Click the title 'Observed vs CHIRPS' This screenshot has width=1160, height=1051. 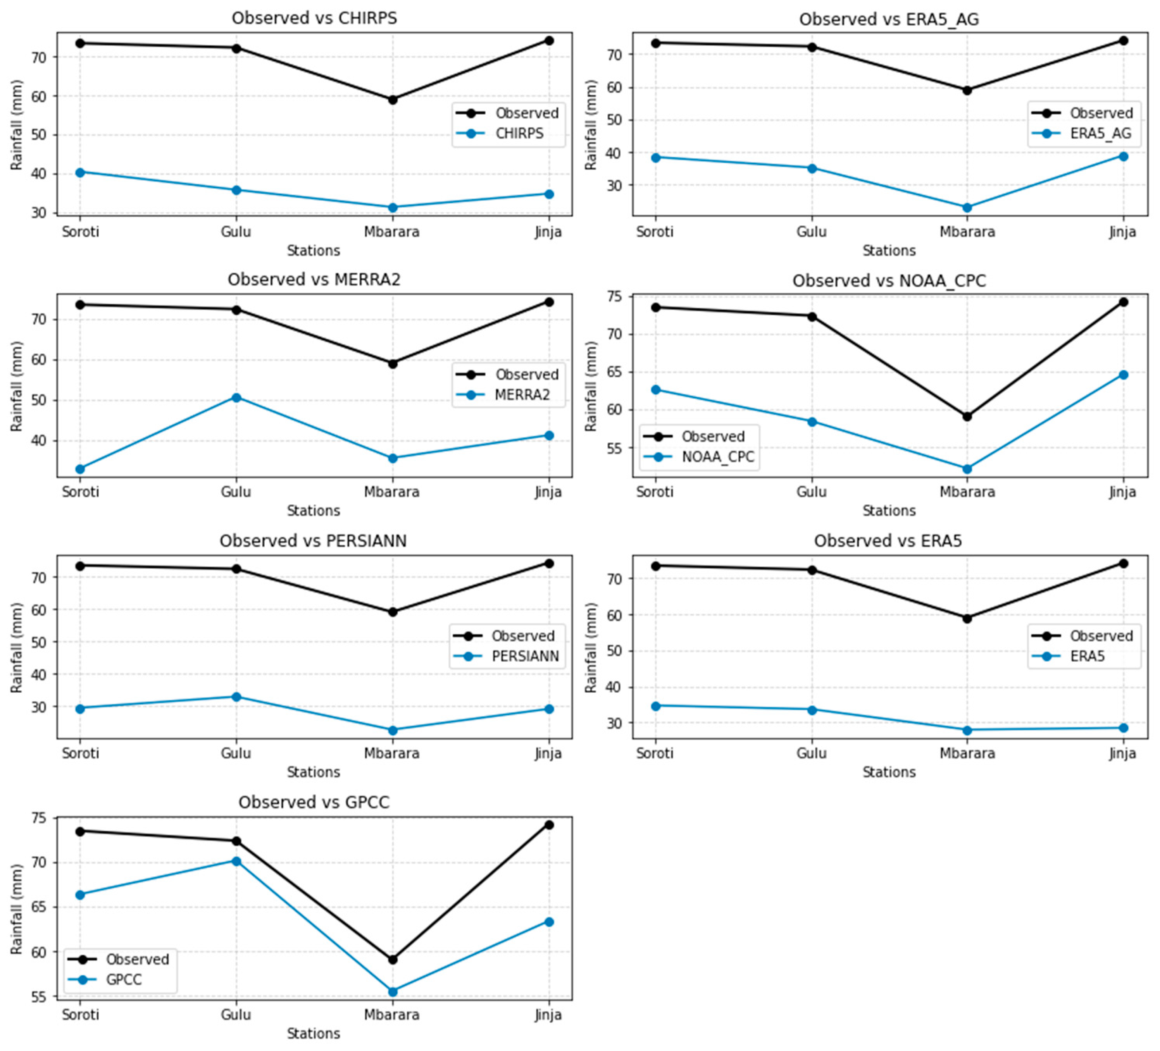tap(314, 18)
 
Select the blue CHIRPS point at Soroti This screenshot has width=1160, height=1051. tap(80, 172)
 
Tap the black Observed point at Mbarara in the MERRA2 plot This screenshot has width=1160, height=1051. tap(393, 363)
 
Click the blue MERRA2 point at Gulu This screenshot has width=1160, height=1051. tap(236, 397)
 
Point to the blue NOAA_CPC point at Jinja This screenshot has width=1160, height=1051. tap(1122, 375)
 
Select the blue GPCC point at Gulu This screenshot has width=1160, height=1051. tap(236, 861)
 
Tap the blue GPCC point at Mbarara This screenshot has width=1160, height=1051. tap(393, 992)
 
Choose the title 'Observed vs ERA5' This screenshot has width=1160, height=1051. tap(888, 541)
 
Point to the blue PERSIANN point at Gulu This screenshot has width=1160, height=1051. tap(236, 697)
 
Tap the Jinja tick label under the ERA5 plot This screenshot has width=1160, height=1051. tap(1122, 753)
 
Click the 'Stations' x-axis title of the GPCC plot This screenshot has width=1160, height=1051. tap(314, 1033)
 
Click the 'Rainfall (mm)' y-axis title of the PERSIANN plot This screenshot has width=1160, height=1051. tap(16, 647)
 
